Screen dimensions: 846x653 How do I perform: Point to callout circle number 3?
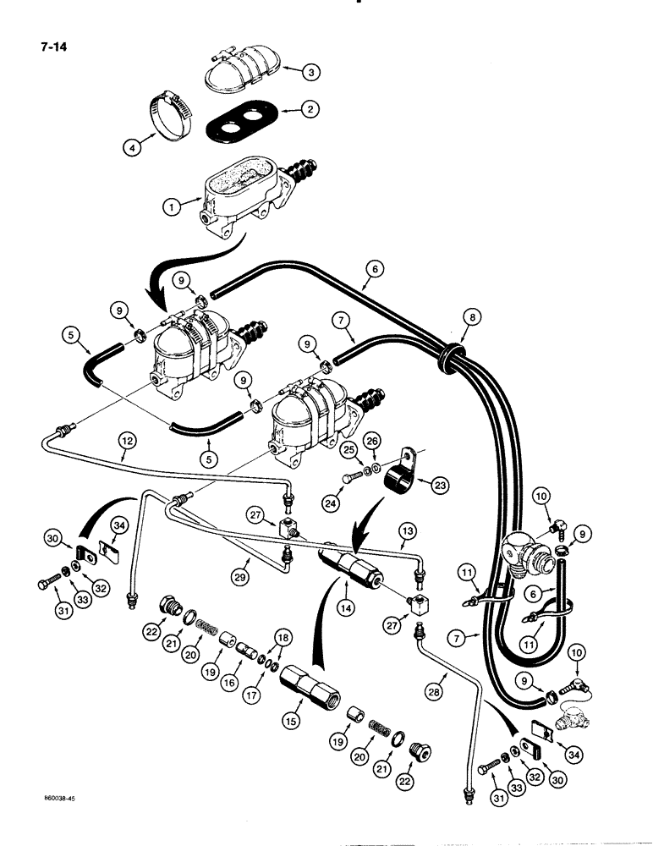313,74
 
